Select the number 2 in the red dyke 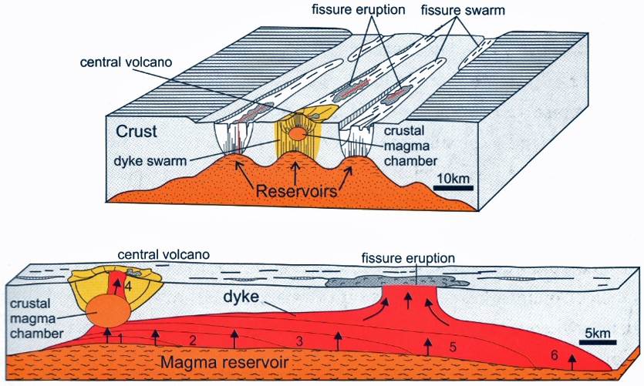[x=192, y=340]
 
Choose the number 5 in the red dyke [x=453, y=347]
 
